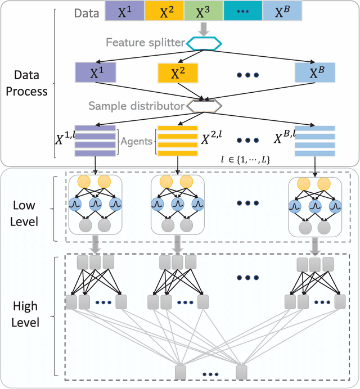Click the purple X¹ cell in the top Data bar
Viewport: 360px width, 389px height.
pyautogui.click(x=125, y=11)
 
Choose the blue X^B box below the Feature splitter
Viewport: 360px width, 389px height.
pyautogui.click(x=314, y=73)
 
